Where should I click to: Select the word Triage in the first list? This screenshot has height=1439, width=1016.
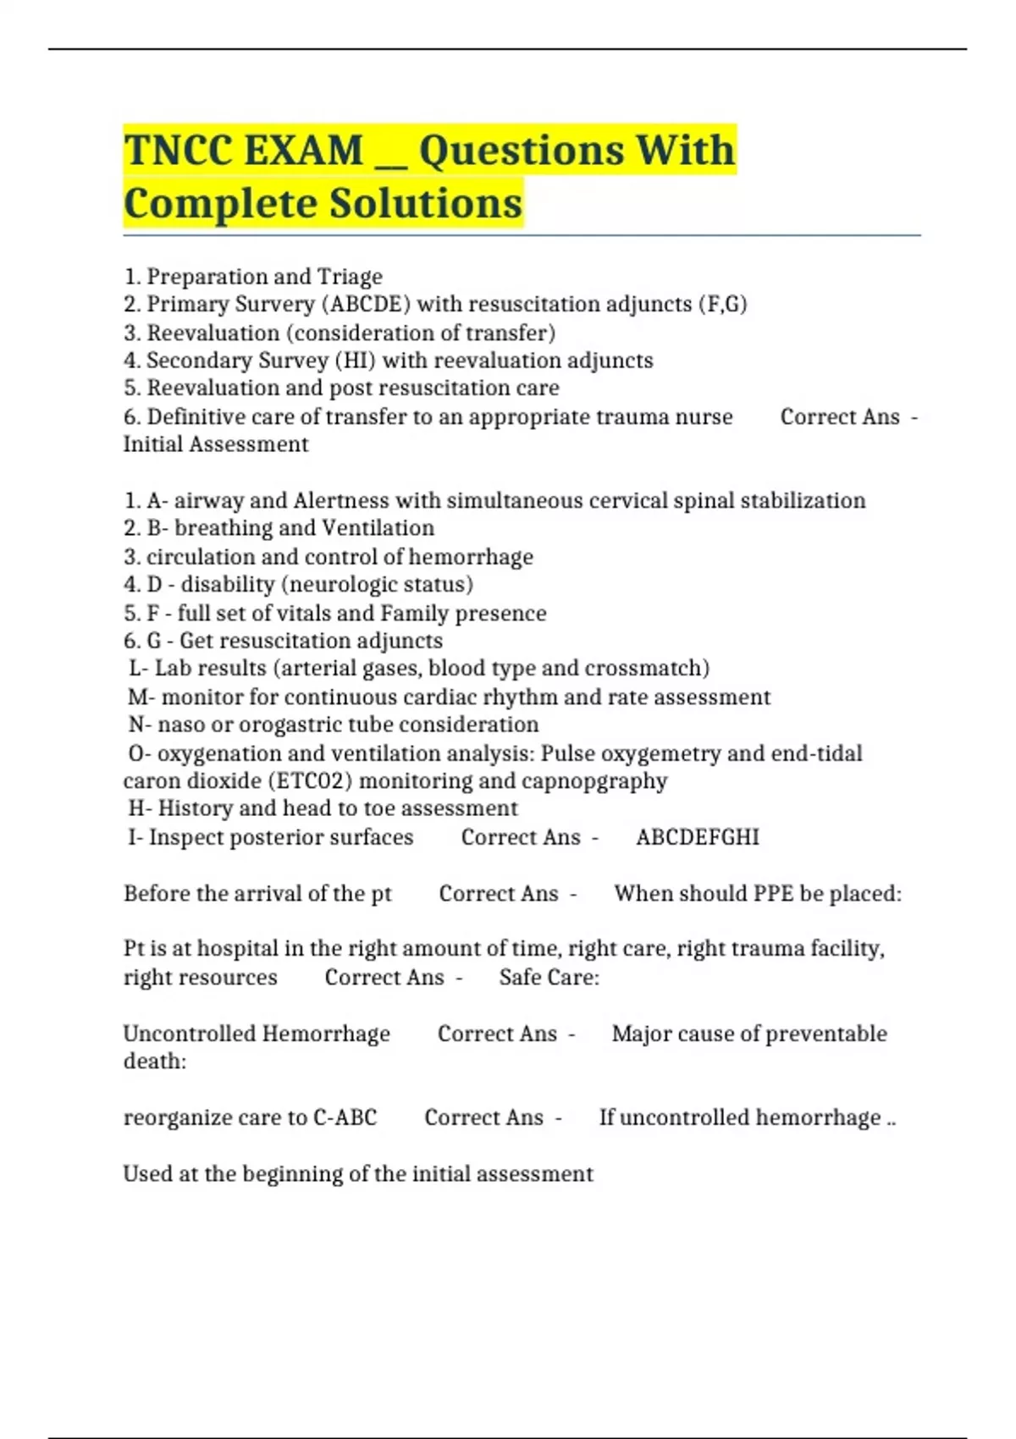pos(350,277)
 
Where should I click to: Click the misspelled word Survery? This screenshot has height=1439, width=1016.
pos(272,304)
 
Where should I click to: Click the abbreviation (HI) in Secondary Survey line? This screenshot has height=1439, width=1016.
pos(356,361)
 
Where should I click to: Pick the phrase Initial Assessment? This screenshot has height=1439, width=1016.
pos(216,444)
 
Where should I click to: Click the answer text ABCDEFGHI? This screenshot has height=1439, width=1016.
pos(698,837)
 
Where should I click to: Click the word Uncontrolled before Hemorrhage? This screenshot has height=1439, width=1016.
pos(189,1034)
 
